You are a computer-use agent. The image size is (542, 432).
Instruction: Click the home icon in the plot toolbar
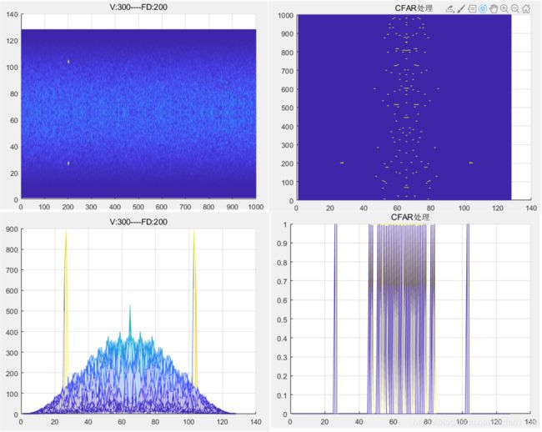tap(526, 8)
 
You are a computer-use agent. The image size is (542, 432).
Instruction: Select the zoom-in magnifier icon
tap(504, 8)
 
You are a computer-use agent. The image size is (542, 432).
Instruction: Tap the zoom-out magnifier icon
tap(515, 8)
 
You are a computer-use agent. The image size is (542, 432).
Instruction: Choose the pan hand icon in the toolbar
tap(494, 8)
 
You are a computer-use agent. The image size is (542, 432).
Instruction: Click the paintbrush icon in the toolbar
tap(461, 8)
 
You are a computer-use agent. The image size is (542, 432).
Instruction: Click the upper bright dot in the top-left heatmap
tap(68, 61)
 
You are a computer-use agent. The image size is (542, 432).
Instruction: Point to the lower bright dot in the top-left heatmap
tap(68, 163)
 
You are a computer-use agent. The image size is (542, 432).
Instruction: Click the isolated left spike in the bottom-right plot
tap(336, 317)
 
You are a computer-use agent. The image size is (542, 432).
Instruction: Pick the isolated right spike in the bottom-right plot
tap(468, 317)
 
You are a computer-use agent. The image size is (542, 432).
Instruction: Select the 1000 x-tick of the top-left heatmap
tap(256, 206)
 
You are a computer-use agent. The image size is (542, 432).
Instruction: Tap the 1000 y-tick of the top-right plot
tap(284, 16)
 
